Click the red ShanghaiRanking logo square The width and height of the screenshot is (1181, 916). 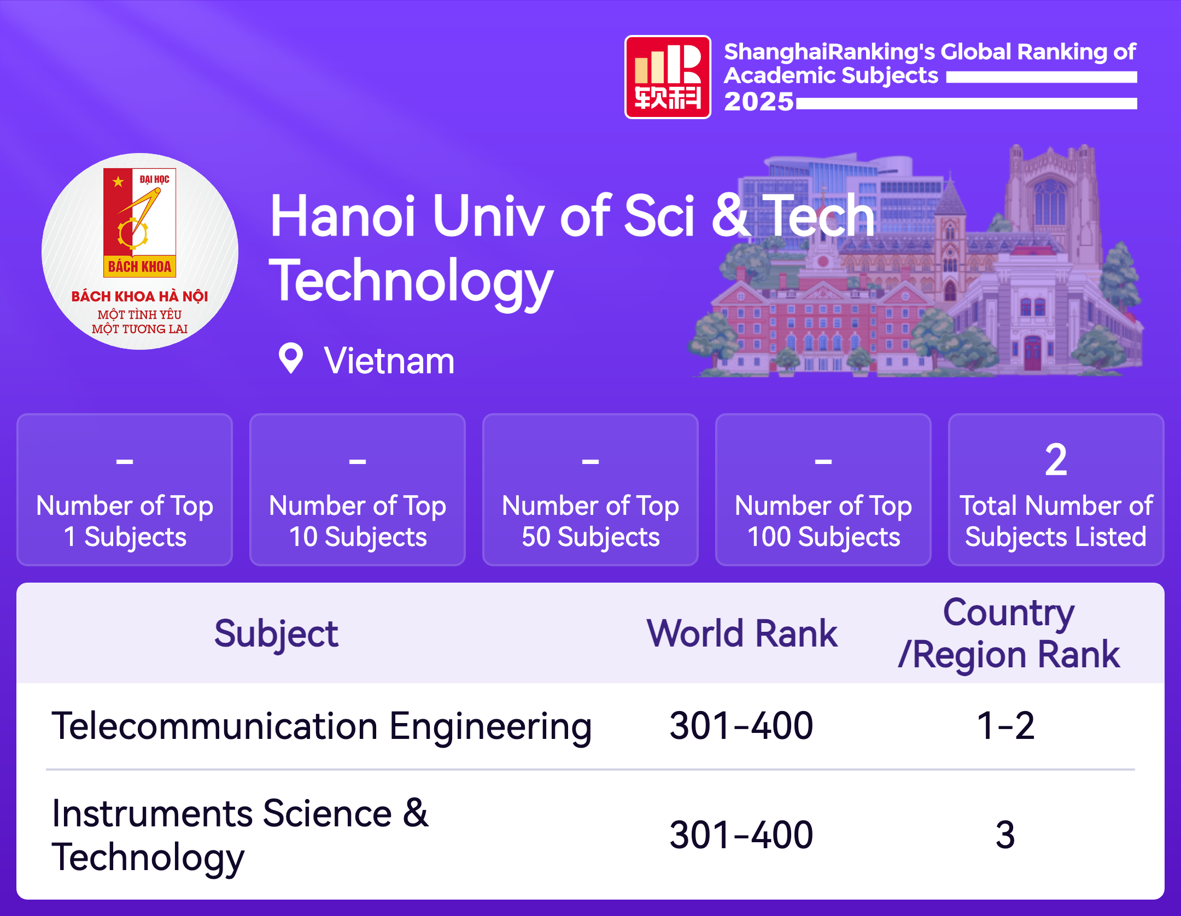[668, 77]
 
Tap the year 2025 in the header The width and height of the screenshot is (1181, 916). [759, 102]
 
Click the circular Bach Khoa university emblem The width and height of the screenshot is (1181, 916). [140, 251]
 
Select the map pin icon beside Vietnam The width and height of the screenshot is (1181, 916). [291, 359]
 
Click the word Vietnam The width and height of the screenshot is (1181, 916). [389, 361]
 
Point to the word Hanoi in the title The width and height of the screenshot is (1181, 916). [343, 216]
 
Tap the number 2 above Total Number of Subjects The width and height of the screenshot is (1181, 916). [1056, 460]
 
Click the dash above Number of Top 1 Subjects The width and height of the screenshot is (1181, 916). [125, 462]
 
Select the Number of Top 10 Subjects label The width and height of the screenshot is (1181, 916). [358, 521]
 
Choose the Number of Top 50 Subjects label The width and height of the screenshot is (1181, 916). [590, 521]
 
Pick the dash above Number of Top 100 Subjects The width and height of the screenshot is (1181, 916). [823, 462]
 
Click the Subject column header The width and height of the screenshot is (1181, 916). [276, 634]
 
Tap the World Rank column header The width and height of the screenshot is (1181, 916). [742, 633]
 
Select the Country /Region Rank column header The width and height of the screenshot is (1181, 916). [1009, 633]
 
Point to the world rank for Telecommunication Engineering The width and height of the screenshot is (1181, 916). [741, 726]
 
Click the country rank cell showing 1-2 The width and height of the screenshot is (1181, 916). [1005, 726]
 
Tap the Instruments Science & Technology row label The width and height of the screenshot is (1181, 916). [240, 836]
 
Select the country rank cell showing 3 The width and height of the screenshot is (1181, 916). [1005, 835]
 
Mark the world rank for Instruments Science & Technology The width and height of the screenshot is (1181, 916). [741, 835]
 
